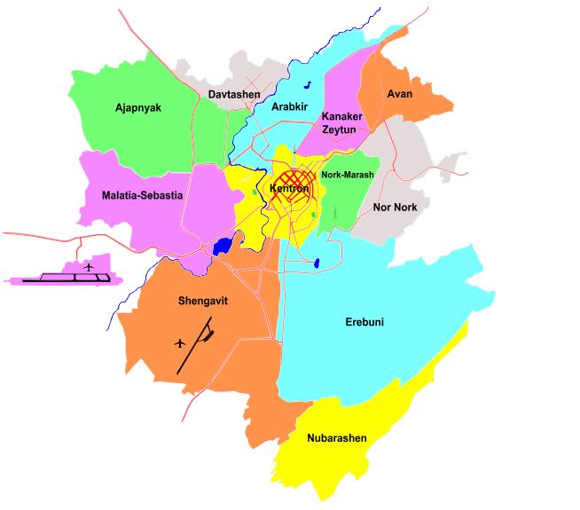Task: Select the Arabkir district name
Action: (288, 107)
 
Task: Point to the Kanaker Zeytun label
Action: (339, 123)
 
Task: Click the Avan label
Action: (400, 93)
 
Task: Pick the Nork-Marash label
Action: (348, 176)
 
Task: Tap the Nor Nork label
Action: (396, 207)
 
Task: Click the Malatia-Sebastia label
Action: (142, 194)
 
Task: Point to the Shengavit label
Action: (203, 301)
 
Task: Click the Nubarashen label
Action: (337, 438)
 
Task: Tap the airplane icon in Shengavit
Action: (181, 342)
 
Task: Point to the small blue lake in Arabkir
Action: (307, 85)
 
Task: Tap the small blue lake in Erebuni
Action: (317, 263)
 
